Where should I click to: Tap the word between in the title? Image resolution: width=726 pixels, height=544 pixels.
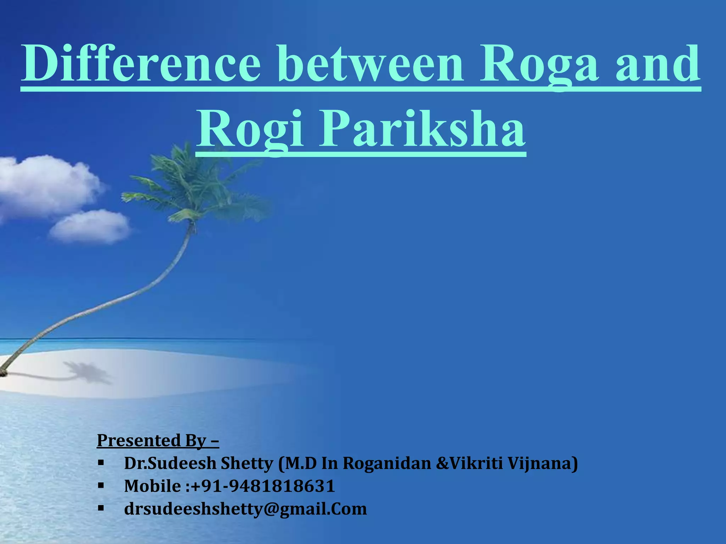pos(370,64)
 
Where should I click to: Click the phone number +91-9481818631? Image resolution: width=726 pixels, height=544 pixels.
pos(263,486)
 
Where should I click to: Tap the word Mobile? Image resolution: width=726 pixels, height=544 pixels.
pos(152,486)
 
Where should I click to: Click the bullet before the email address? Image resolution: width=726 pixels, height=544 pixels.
pos(101,508)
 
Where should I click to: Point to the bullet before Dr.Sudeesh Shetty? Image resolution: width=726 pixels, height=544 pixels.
pos(101,463)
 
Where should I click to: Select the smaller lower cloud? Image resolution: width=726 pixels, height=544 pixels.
pos(90,227)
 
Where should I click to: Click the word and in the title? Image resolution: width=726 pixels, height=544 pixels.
pos(658,64)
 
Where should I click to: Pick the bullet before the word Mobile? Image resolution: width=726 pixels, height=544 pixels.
pos(101,485)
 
